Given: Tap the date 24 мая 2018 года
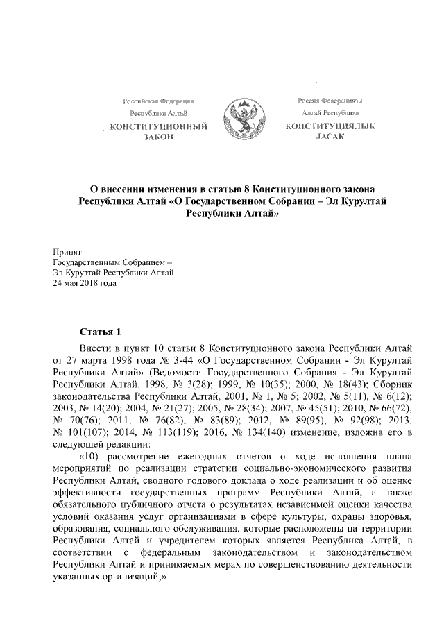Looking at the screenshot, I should point(85,282).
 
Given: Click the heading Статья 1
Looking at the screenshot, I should point(102,331).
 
